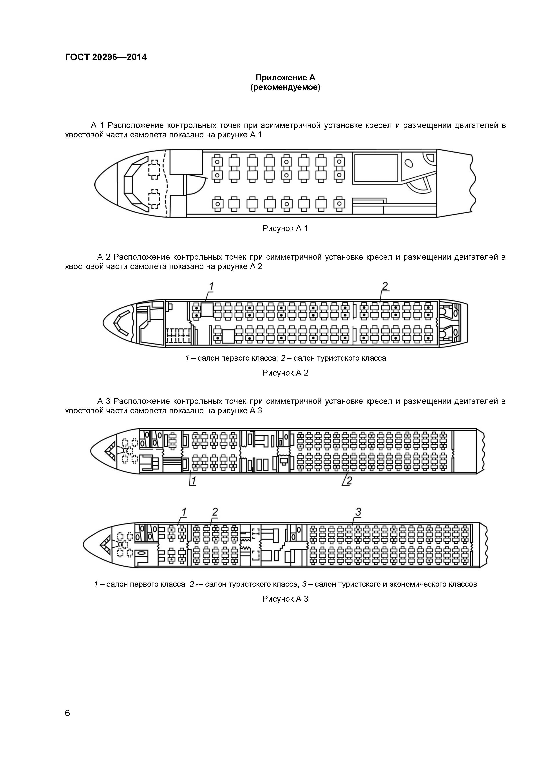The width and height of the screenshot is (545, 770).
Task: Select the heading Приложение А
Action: (x=285, y=78)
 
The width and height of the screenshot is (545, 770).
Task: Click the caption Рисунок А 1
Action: (x=285, y=229)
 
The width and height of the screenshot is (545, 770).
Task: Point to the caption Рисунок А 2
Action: (x=285, y=373)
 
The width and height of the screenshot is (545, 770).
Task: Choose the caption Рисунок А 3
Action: (x=285, y=599)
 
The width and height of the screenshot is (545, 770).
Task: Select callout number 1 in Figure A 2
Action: (x=211, y=287)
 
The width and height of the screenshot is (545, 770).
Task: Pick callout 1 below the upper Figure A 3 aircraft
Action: (x=193, y=481)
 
